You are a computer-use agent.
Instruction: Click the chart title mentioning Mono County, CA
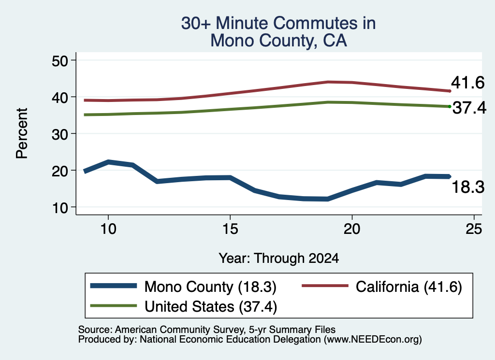point(278,32)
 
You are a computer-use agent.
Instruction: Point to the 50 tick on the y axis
point(59,60)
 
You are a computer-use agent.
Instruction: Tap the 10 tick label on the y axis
point(59,208)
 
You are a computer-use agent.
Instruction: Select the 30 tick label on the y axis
point(59,134)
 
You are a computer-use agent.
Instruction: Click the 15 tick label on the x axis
point(230,229)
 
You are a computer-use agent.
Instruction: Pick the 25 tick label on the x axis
point(474,229)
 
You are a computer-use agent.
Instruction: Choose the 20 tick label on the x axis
point(352,229)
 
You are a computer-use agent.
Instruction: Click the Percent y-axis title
point(22,133)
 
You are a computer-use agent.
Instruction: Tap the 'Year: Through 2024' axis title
point(279,258)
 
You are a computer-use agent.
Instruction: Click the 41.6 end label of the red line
point(467,83)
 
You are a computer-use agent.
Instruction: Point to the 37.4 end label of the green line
point(469,108)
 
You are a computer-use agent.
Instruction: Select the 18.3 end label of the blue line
point(468,187)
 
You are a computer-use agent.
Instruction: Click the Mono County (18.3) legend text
point(210,287)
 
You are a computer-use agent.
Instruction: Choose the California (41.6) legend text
point(409,287)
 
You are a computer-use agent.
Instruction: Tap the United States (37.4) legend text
point(211,307)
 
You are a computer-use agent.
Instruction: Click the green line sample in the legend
point(114,306)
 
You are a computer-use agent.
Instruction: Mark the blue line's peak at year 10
point(108,162)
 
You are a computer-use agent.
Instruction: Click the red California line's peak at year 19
point(328,82)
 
